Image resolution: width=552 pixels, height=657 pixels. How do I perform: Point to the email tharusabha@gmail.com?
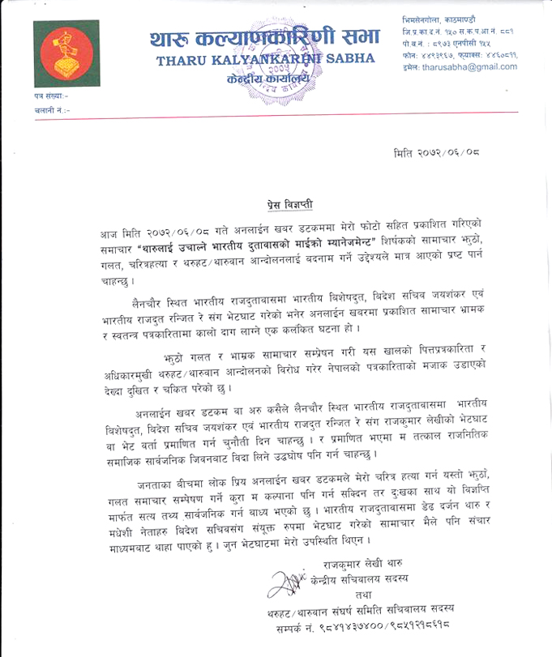coord(469,67)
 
